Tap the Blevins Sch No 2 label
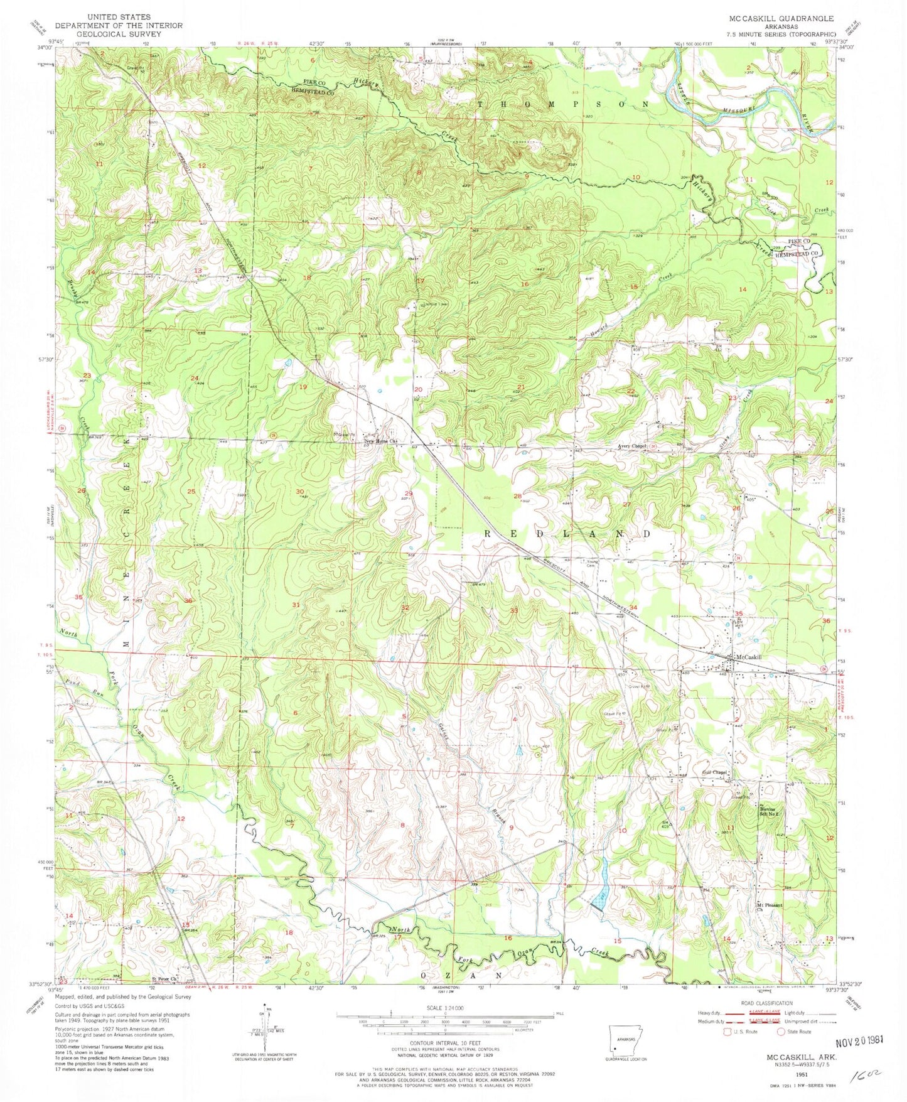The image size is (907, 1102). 770,811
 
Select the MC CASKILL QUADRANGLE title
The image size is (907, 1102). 788,19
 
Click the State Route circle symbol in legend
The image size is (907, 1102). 781,1031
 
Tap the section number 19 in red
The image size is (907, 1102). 303,387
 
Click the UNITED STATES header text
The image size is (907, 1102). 119,16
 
